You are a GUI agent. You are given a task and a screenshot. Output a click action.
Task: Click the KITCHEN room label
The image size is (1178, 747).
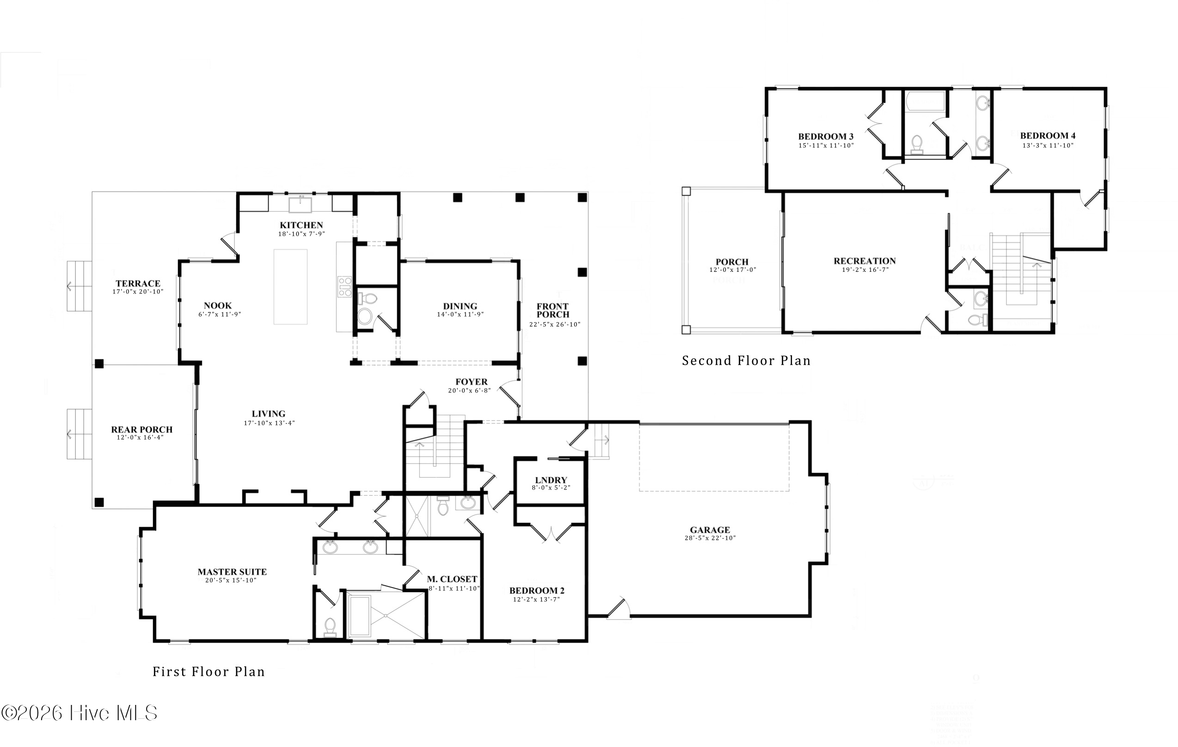(x=301, y=225)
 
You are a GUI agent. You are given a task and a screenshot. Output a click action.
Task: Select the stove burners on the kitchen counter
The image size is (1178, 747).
(x=344, y=287)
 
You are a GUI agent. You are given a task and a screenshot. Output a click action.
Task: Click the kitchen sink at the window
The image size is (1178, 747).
(x=300, y=204)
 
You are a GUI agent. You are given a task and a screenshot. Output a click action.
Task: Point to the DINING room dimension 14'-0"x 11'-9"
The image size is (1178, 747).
(x=460, y=314)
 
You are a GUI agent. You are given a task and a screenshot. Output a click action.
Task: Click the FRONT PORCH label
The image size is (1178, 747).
(x=552, y=310)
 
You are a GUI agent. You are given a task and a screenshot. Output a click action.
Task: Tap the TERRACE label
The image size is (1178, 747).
(x=138, y=283)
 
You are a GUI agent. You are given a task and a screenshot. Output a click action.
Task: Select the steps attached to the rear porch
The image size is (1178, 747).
(x=79, y=434)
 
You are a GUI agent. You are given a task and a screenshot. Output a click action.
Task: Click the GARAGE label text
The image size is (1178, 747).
(x=709, y=530)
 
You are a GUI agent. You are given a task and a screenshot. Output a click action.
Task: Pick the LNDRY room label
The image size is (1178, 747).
(x=551, y=480)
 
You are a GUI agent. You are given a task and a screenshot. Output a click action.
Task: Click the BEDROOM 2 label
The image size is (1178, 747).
(x=537, y=590)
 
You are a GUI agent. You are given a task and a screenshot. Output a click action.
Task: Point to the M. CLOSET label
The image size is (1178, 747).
(x=452, y=579)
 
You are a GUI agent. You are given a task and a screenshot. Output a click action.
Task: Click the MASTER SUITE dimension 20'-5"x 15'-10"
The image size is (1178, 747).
(x=231, y=580)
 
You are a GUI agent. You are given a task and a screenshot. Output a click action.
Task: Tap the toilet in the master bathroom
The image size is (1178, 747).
(x=330, y=627)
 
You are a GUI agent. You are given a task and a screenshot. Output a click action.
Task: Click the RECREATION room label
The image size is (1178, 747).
(x=865, y=261)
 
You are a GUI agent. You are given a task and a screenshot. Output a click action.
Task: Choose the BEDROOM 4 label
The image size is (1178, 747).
(x=1047, y=135)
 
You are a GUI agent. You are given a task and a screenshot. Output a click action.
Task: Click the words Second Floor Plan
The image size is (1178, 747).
(x=746, y=361)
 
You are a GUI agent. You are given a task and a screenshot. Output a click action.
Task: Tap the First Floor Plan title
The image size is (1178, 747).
(x=209, y=671)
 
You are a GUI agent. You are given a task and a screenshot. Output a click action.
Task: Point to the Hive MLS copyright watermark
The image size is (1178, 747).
(x=79, y=713)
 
